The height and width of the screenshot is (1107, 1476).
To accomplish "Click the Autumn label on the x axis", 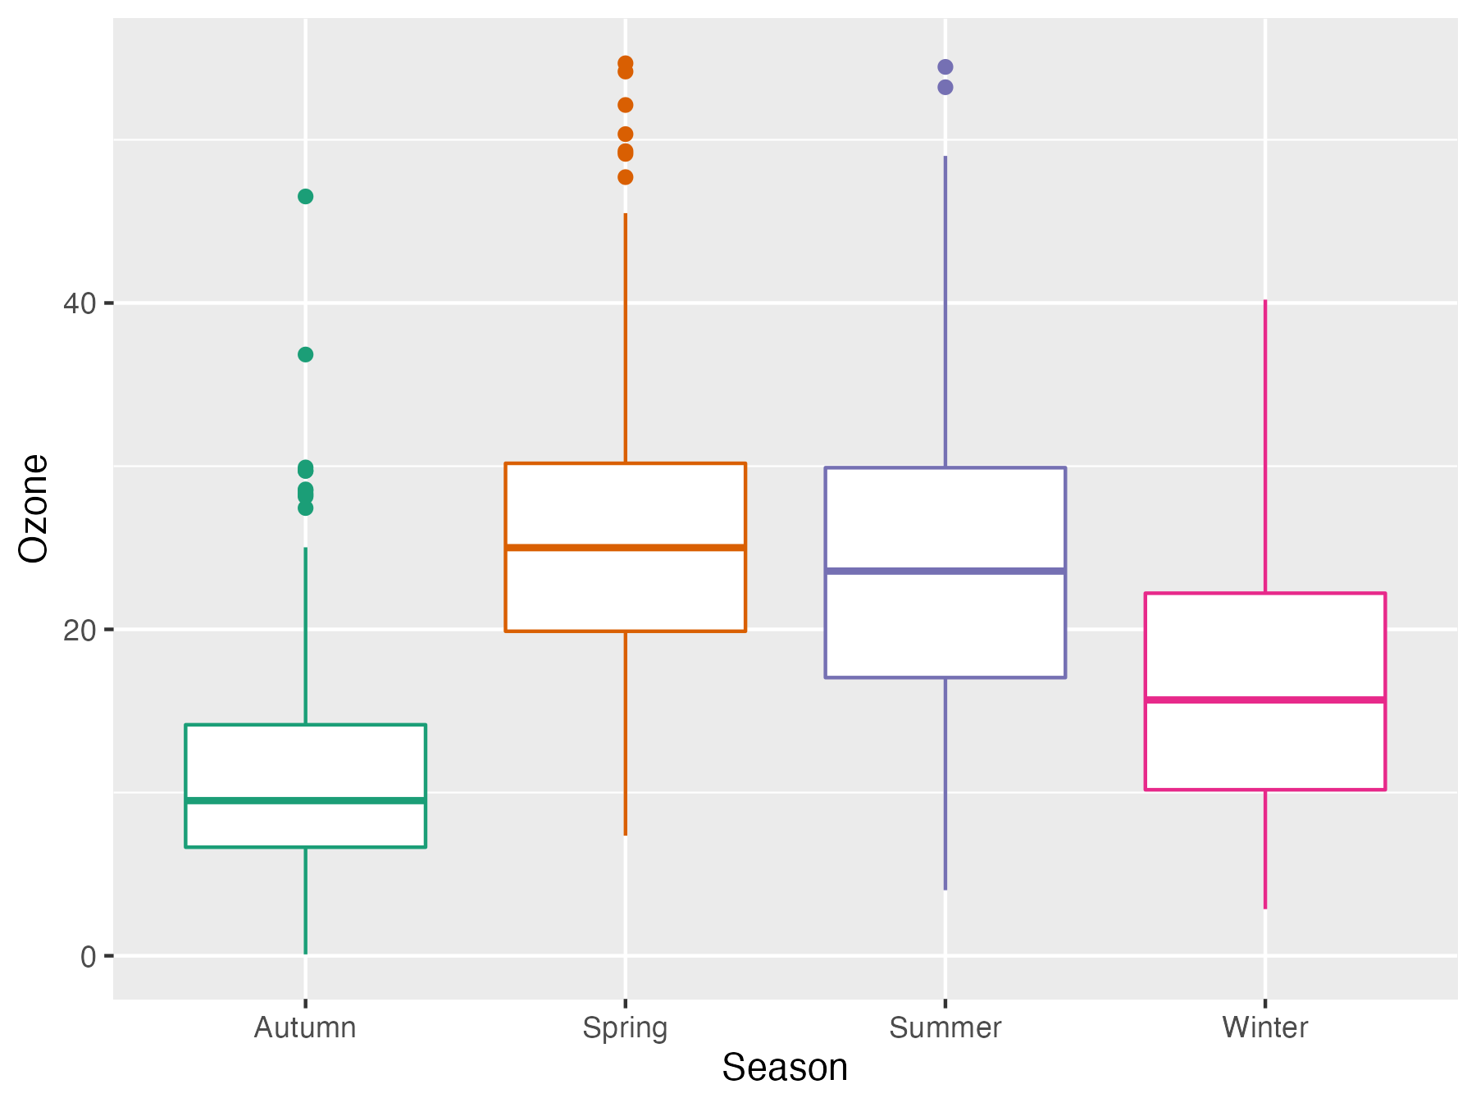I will [305, 1027].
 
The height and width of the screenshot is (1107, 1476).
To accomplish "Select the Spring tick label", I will [625, 1027].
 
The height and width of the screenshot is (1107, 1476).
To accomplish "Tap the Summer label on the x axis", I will [945, 1027].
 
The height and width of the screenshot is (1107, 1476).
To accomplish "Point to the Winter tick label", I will [1264, 1027].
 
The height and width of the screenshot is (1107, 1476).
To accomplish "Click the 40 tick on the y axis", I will [79, 303].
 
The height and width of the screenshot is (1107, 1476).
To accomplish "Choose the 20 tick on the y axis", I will [79, 630].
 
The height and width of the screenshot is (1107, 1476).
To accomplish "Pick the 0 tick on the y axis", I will [88, 956].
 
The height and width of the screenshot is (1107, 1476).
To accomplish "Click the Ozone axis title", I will [34, 508].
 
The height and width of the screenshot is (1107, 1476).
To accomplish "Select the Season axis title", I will [785, 1068].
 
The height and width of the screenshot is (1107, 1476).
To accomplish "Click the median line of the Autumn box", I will [305, 799].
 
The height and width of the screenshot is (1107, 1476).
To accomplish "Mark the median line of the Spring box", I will [625, 546].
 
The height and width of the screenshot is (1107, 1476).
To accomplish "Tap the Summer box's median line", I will [945, 570].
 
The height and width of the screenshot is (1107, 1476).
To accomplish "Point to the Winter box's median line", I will [1264, 699].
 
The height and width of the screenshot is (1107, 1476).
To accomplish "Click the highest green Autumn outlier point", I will [305, 196].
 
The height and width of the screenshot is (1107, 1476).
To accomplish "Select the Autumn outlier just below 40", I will [305, 354].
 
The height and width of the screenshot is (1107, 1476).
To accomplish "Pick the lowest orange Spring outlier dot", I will [625, 177].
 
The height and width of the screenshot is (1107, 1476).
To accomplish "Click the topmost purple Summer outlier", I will [945, 67].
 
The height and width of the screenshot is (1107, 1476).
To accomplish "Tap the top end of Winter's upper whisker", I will [1264, 301].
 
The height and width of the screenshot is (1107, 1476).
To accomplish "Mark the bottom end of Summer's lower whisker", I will [945, 889].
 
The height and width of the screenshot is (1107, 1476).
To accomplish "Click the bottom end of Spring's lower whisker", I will [625, 835].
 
